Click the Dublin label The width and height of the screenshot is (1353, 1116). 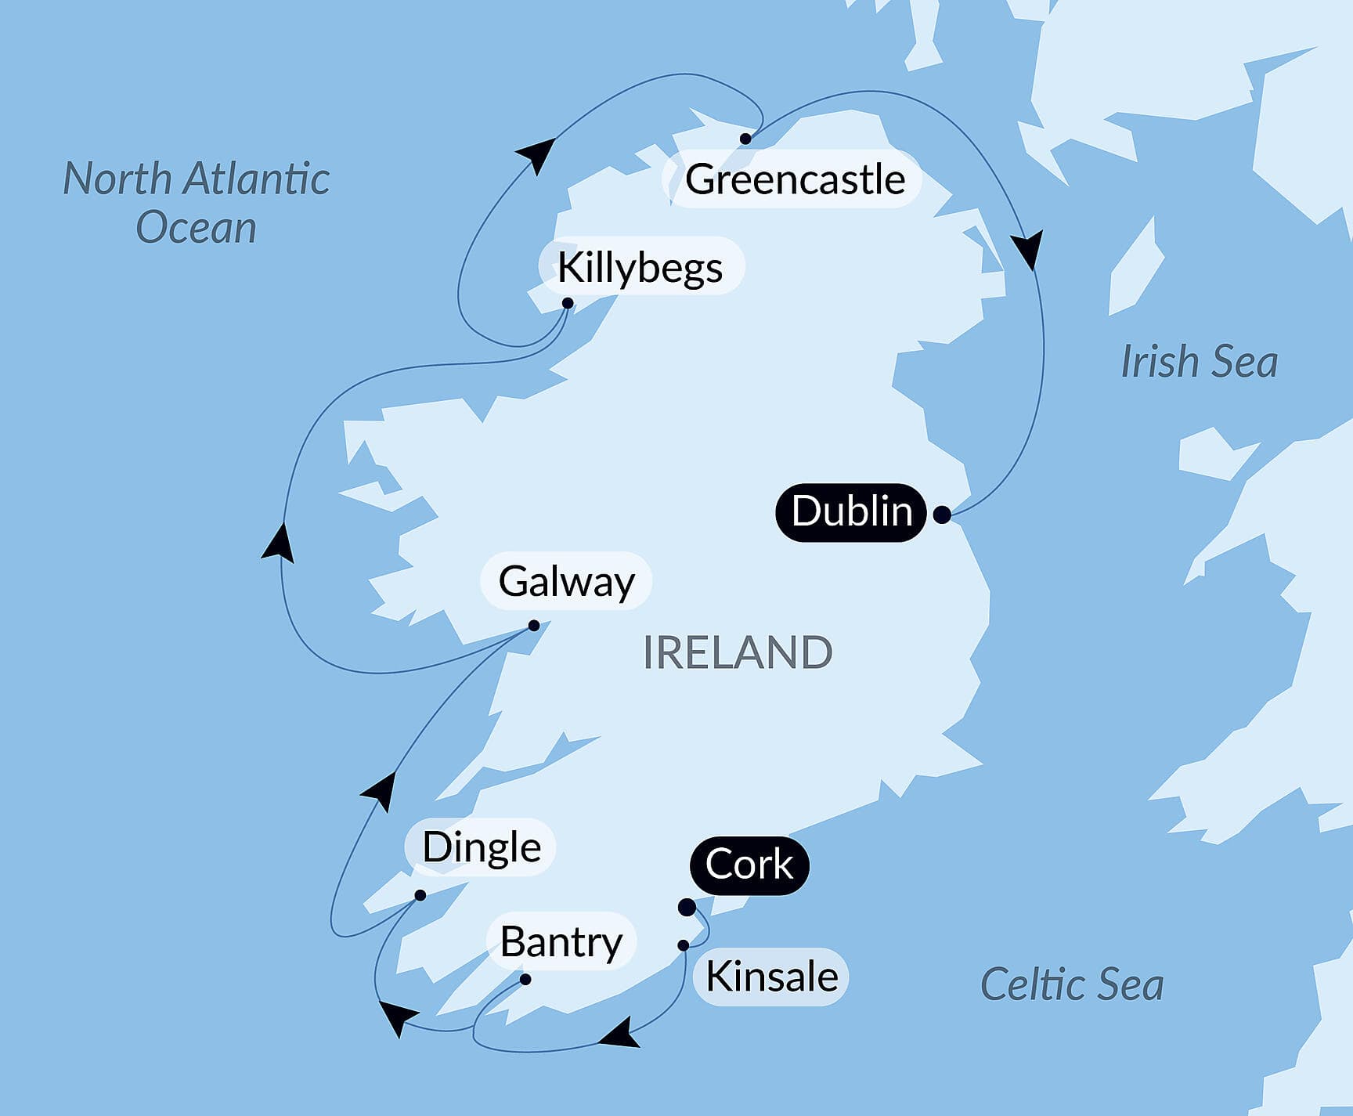[851, 512]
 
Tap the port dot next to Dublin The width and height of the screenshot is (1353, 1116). [943, 515]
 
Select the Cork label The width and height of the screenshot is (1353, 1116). [749, 865]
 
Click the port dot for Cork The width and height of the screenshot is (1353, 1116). [687, 908]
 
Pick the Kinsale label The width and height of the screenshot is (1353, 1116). [771, 977]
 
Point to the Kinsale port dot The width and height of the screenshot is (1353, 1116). [684, 945]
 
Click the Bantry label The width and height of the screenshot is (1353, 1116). [561, 941]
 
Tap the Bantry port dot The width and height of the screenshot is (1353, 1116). [525, 980]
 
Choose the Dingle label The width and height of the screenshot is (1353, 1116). [481, 847]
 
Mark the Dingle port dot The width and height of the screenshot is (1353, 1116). [420, 895]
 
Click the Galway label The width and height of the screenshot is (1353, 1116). [566, 582]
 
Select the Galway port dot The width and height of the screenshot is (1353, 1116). [534, 626]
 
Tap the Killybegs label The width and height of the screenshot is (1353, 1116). [640, 268]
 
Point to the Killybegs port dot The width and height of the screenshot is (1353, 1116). [568, 303]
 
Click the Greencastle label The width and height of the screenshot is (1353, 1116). [795, 179]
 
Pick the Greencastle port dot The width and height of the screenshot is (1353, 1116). [745, 139]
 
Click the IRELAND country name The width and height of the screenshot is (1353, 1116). [737, 653]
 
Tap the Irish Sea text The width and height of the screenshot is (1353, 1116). [1199, 362]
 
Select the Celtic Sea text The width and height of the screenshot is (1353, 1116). [1071, 984]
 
